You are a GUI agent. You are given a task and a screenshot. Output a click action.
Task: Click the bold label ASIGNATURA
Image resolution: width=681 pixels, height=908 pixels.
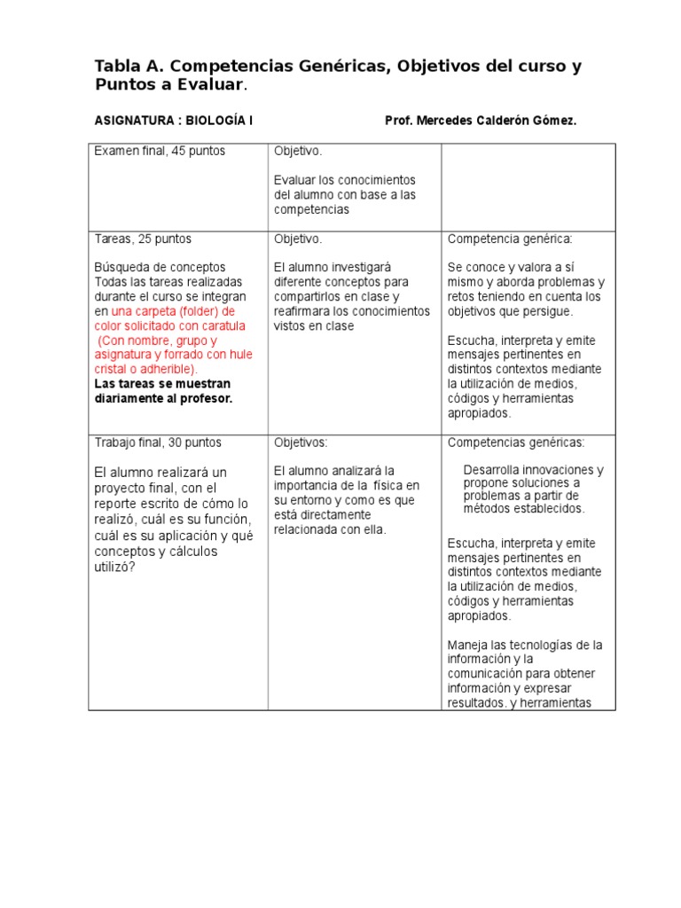(x=129, y=121)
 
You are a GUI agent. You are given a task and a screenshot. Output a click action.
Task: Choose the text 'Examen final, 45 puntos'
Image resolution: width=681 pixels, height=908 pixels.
(x=160, y=151)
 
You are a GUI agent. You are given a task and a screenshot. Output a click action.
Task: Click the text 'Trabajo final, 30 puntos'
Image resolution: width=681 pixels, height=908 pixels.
(x=158, y=442)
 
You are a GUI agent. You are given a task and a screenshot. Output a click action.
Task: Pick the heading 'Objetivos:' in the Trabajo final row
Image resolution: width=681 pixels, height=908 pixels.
(x=301, y=442)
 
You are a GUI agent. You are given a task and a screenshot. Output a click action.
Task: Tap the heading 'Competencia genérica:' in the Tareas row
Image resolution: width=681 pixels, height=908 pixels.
(x=510, y=239)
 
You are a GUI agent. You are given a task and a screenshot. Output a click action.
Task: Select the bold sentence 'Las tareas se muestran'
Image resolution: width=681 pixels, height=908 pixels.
(x=162, y=384)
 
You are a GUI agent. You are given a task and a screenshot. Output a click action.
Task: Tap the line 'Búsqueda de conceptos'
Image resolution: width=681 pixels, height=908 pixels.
(x=160, y=268)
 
